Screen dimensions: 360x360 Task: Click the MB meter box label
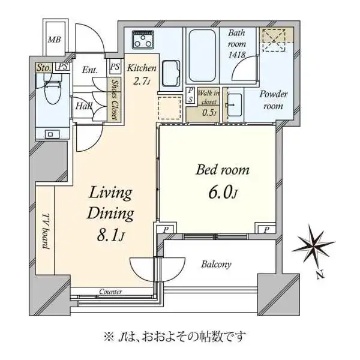point(55,40)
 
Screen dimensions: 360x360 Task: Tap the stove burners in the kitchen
point(143,39)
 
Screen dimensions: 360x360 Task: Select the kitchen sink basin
point(171,73)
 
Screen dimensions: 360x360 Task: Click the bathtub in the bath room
point(202,56)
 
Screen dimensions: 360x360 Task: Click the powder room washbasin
point(235,105)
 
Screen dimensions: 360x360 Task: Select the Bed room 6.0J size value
point(223,193)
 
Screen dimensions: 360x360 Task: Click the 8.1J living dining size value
point(110,235)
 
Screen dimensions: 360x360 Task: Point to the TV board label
point(46,231)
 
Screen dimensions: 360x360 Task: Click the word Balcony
point(216,264)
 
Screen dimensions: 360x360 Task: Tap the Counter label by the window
point(110,292)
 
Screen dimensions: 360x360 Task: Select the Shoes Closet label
point(115,100)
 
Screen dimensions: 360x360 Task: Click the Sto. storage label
point(44,67)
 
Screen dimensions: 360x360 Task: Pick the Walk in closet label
point(209,97)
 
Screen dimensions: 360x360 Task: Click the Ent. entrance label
point(90,70)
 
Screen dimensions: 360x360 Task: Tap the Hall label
point(84,106)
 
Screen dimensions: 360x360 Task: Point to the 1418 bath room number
point(237,55)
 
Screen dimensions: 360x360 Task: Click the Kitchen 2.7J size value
point(142,81)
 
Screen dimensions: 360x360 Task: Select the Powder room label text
point(273,100)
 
